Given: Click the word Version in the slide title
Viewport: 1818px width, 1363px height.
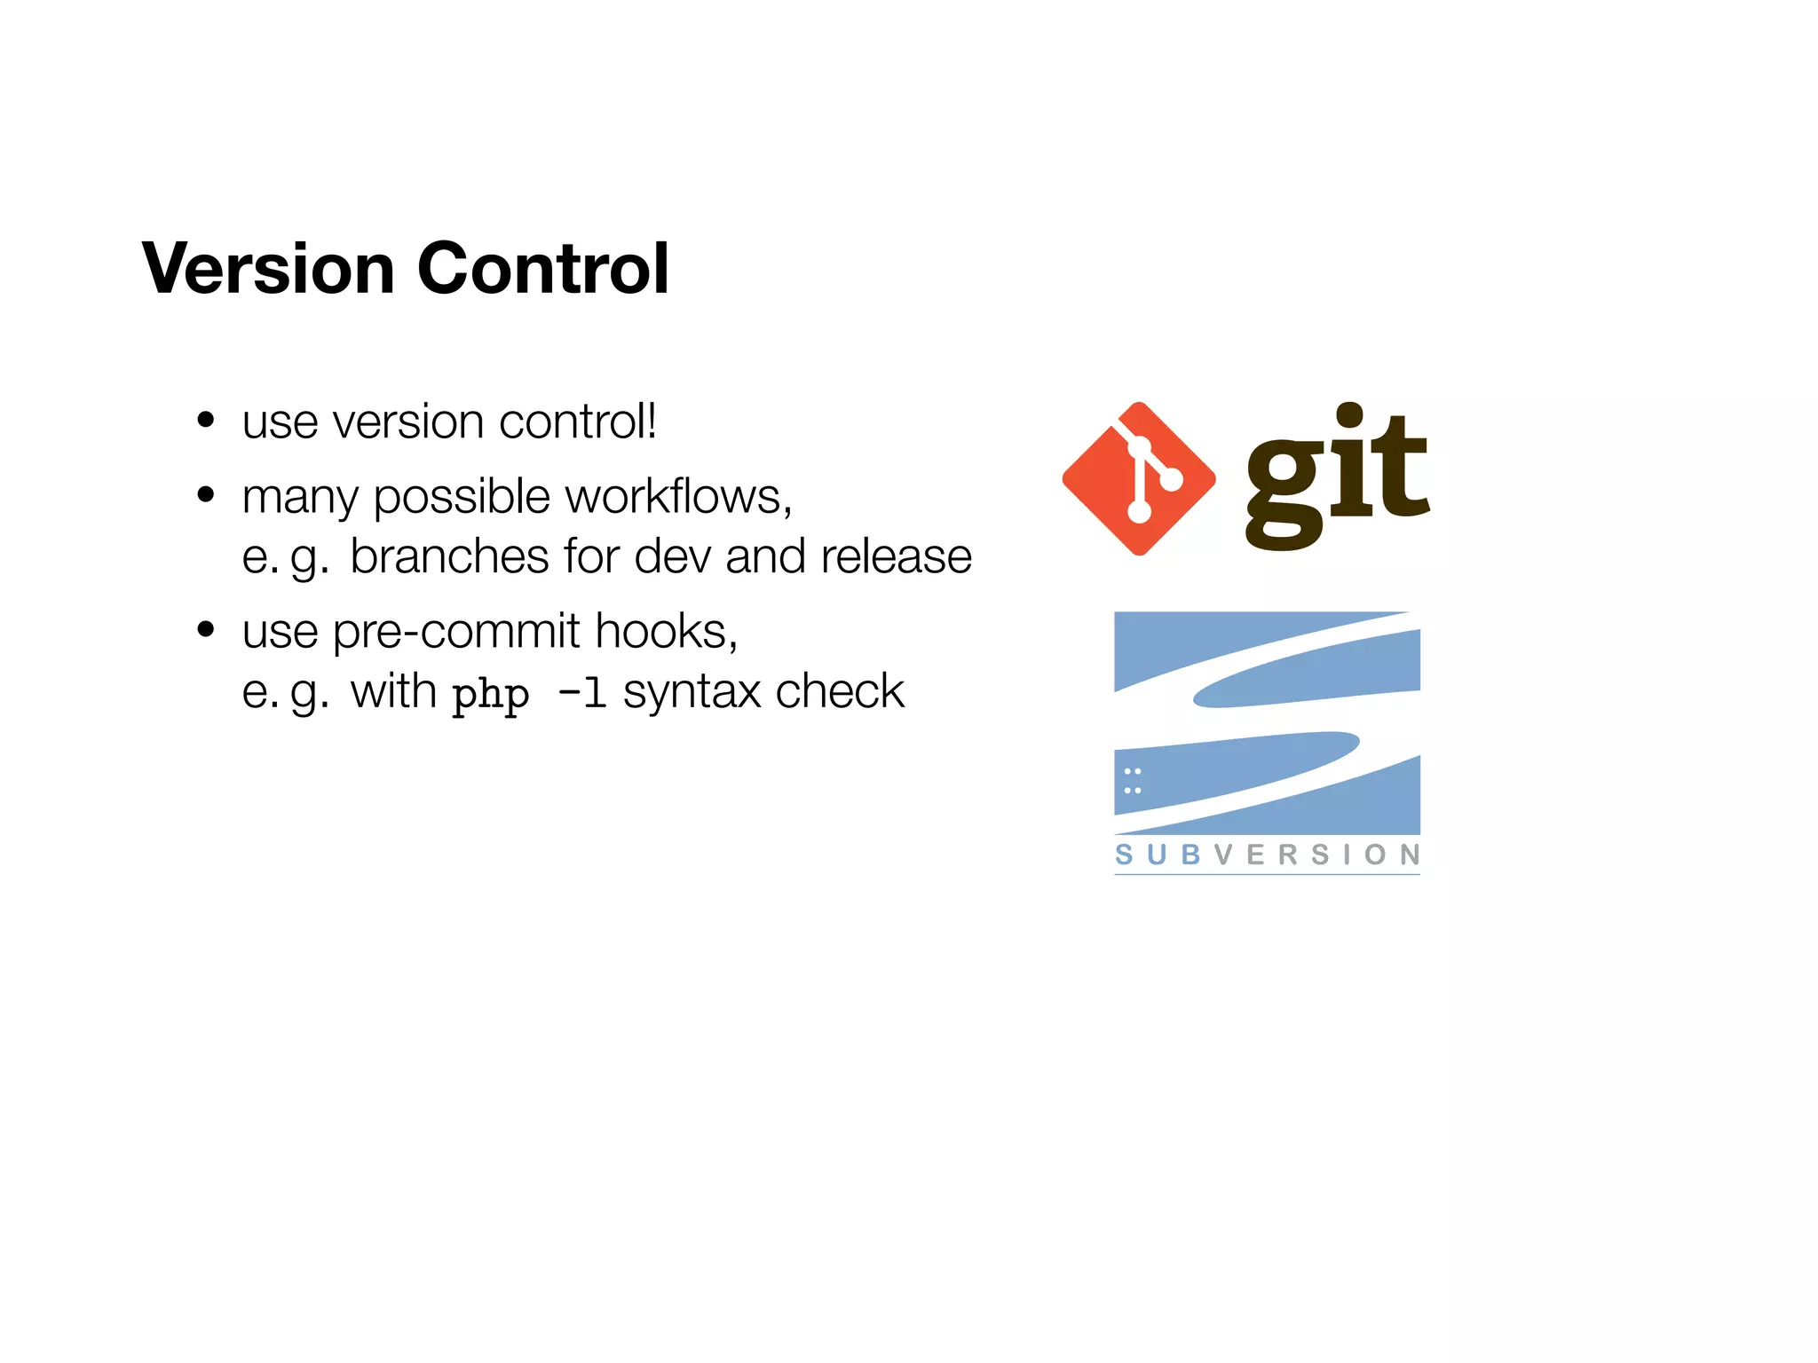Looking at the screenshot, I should click(x=268, y=268).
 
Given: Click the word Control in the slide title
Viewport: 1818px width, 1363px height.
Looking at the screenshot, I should click(x=542, y=268).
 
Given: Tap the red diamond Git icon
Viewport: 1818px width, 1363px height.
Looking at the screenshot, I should click(x=1139, y=479).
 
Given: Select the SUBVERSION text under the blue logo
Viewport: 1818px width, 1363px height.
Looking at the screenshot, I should click(x=1267, y=855).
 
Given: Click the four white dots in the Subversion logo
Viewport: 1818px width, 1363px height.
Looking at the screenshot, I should click(x=1133, y=781).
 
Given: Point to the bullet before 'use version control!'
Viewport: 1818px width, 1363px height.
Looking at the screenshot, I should click(x=206, y=420).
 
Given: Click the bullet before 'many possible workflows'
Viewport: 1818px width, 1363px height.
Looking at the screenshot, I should click(x=206, y=494).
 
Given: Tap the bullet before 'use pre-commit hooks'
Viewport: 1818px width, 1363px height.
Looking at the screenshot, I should click(x=206, y=629).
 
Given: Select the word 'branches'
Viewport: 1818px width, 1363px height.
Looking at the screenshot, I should click(x=449, y=556).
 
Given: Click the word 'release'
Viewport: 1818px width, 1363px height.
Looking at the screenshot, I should click(x=896, y=556).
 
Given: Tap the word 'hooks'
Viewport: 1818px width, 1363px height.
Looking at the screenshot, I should click(x=665, y=631).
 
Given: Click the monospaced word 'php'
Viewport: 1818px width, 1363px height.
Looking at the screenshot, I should click(x=490, y=694).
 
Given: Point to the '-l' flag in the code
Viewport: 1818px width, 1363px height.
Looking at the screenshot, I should click(x=582, y=692).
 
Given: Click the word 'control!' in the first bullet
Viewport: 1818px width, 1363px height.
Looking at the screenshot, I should click(x=578, y=422).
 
